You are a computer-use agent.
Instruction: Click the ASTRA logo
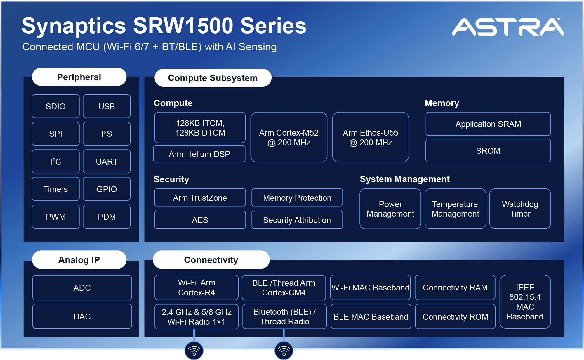tap(508, 27)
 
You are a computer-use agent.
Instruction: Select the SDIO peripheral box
tap(55, 106)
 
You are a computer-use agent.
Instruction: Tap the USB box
tap(107, 106)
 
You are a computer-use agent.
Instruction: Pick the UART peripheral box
tap(107, 162)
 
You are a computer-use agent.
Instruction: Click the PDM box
tap(107, 217)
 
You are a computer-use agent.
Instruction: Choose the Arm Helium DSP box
tap(199, 154)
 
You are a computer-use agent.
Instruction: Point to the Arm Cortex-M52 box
tap(289, 137)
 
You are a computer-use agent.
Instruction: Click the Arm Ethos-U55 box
tap(370, 137)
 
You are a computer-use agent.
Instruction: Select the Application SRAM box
tap(488, 124)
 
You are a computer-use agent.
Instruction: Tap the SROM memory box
tap(488, 151)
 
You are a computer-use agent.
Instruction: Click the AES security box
tap(200, 220)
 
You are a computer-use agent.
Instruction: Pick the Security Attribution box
tap(297, 220)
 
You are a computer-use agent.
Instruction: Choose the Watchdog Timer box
tap(520, 209)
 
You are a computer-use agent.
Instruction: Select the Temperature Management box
tap(455, 209)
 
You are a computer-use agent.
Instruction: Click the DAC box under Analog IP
tap(82, 316)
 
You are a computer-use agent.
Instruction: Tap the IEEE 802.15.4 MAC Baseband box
tap(525, 302)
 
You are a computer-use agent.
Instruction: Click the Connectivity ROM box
tap(455, 317)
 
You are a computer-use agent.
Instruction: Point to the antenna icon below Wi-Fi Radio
tap(194, 350)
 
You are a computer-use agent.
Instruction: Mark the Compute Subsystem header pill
tap(213, 78)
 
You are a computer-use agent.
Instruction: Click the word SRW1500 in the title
tap(183, 26)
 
